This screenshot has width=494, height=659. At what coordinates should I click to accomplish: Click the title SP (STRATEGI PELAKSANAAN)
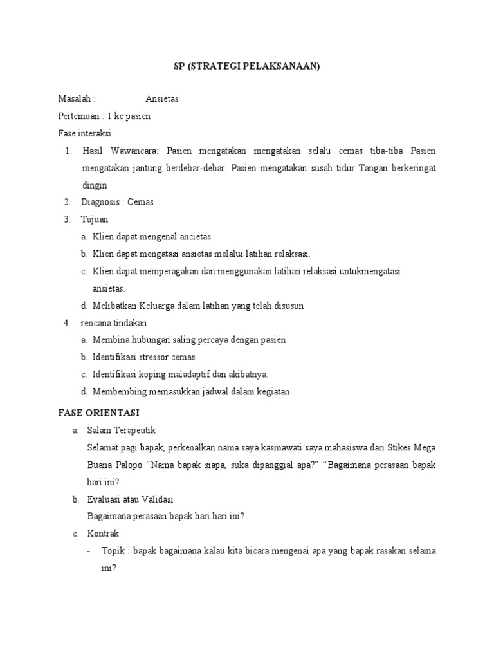247,66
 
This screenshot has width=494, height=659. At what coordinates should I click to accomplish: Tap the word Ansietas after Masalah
162,99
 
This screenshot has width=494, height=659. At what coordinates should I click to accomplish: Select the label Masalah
75,99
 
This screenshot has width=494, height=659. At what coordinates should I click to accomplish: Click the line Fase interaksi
84,134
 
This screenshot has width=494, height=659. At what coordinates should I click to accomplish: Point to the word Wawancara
137,151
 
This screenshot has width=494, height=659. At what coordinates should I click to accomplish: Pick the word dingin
95,185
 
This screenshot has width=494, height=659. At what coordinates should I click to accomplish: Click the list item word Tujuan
95,219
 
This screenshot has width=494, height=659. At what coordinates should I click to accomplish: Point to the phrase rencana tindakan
114,323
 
